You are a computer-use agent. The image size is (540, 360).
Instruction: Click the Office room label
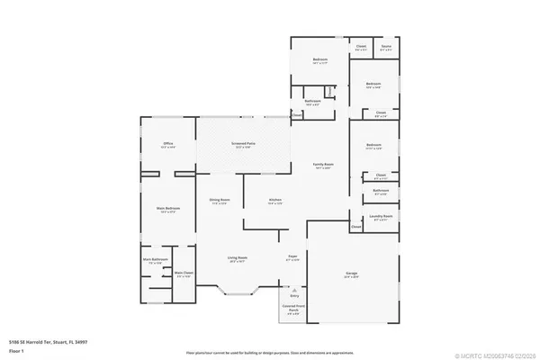167,144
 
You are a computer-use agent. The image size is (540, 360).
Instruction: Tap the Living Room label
237,258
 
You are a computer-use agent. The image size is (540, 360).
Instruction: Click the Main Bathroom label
155,260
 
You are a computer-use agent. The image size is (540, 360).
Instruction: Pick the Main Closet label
184,274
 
